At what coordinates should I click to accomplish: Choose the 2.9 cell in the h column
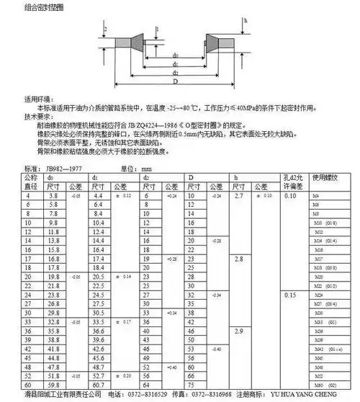[240, 330]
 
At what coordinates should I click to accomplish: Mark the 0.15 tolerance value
[290, 295]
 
